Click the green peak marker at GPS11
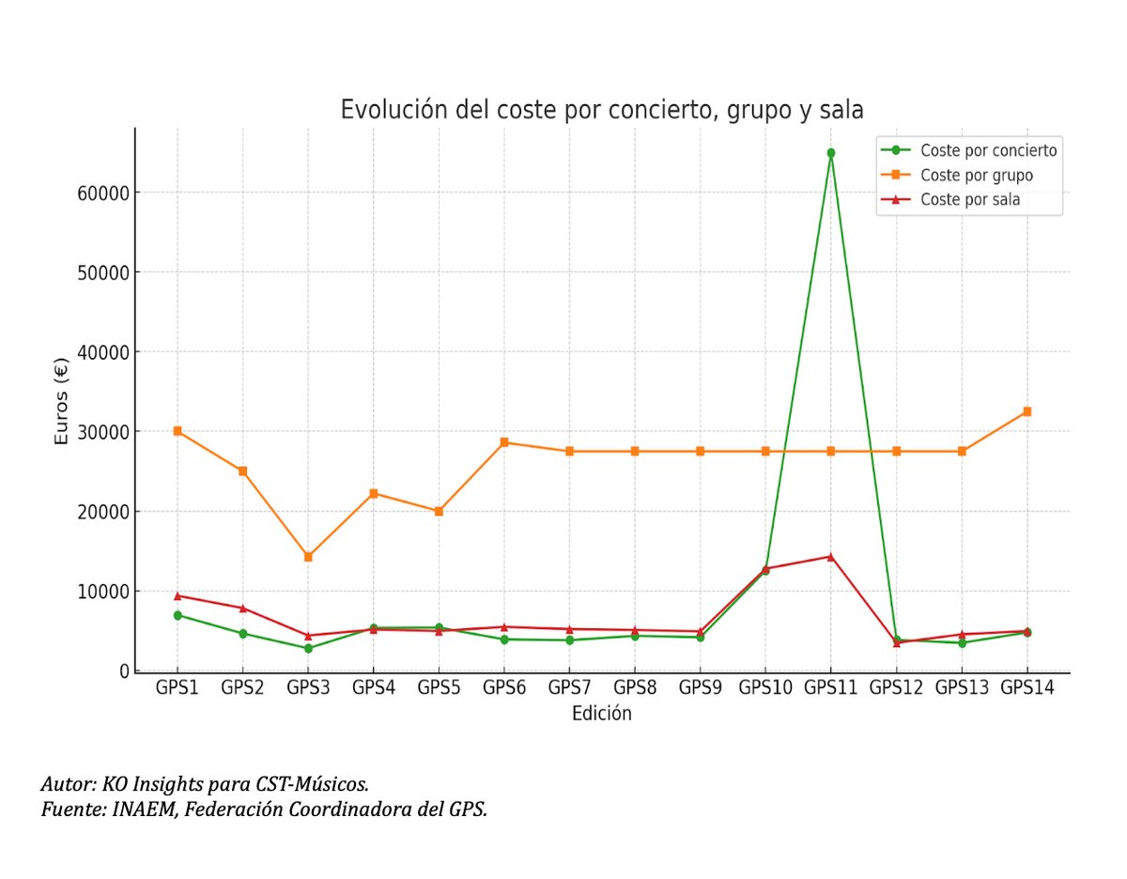point(830,152)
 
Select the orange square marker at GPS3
point(308,557)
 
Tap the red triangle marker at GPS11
point(830,556)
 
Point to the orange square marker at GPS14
point(1027,411)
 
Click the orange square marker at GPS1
point(178,431)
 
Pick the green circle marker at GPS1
point(178,615)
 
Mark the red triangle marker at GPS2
point(242,608)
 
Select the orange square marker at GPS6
point(504,442)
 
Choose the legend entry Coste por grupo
point(977,175)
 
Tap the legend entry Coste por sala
point(970,199)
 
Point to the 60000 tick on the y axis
point(100,193)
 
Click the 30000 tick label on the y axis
point(100,432)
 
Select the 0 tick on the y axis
point(124,671)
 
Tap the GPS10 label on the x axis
point(765,688)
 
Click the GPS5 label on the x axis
point(439,688)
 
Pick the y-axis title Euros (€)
point(62,401)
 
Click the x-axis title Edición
point(601,715)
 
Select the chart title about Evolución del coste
point(601,110)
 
